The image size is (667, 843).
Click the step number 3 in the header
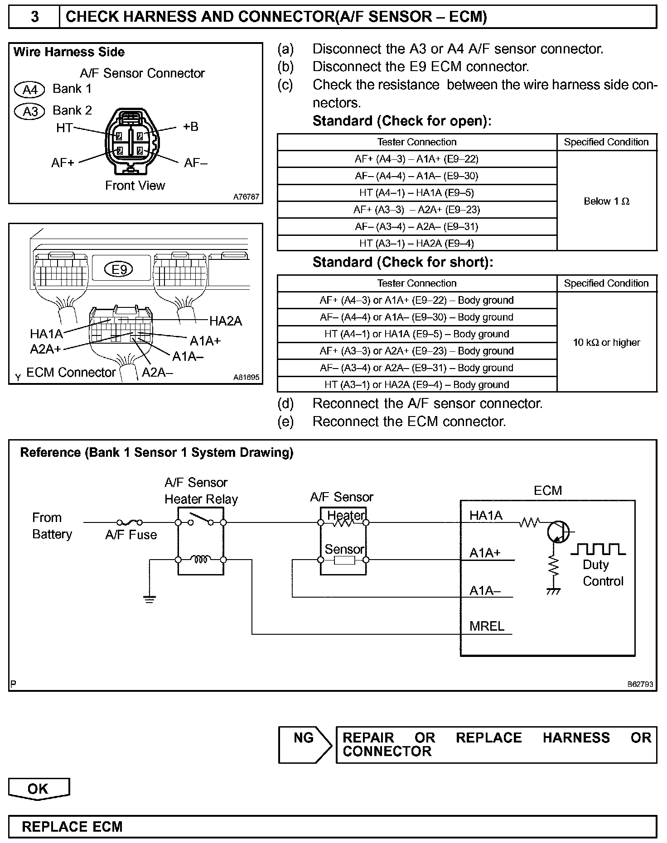[x=34, y=17]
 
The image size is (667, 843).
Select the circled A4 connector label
[x=29, y=90]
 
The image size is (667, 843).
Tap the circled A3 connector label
[x=29, y=111]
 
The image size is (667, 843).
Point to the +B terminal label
[x=191, y=127]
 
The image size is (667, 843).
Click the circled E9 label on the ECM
[x=119, y=270]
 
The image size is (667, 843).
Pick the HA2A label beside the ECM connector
[x=225, y=321]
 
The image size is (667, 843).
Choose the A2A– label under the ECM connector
[x=157, y=372]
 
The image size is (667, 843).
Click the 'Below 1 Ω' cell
[x=606, y=201]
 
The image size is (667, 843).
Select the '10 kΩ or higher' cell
[x=606, y=342]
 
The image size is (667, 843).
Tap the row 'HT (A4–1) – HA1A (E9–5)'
[x=416, y=193]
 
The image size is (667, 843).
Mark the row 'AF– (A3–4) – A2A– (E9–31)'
[x=416, y=227]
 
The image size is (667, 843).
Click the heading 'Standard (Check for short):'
[x=402, y=263]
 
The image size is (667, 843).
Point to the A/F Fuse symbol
[x=130, y=522]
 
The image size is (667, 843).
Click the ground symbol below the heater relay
[x=149, y=599]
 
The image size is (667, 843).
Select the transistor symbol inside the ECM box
[x=558, y=532]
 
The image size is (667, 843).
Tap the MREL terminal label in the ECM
[x=487, y=626]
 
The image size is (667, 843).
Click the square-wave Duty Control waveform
[x=598, y=550]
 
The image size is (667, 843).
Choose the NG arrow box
[x=304, y=745]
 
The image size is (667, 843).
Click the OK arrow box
[x=39, y=789]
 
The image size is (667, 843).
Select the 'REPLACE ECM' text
[x=72, y=827]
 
